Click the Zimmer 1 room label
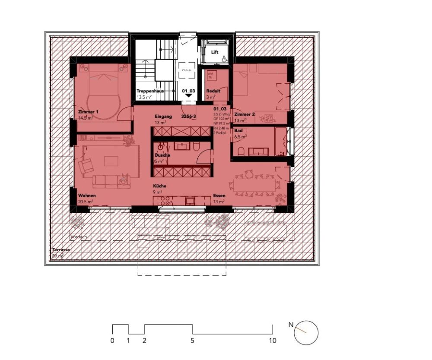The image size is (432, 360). tap(89, 112)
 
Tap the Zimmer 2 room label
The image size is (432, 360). tap(244, 114)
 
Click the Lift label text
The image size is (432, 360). tap(215, 52)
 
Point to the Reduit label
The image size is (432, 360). tap(213, 91)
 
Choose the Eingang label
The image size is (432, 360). tap(163, 117)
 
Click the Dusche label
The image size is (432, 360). tap(162, 155)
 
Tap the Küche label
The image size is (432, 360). tap(160, 186)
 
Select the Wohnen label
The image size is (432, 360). tap(87, 196)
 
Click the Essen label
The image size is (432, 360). tap(219, 196)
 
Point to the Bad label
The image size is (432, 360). tap(238, 130)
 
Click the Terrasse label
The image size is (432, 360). tap(61, 250)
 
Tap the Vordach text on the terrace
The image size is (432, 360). tap(79, 237)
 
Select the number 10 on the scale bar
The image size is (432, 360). tap(272, 341)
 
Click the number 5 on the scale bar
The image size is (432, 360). tap(192, 341)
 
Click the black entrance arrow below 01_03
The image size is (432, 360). tap(188, 96)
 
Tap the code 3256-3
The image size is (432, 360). tap(189, 117)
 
